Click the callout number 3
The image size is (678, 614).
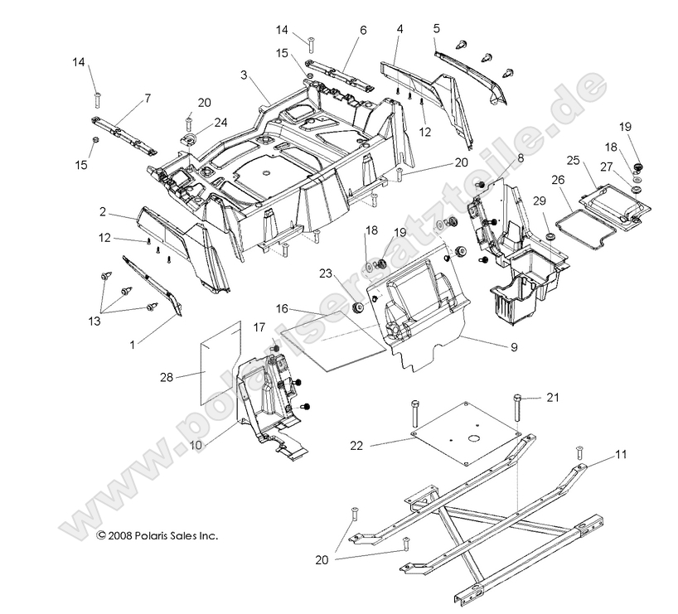(x=245, y=75)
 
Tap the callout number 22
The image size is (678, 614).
(x=357, y=446)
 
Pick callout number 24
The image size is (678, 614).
(x=221, y=123)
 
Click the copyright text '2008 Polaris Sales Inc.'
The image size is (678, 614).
(x=157, y=536)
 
